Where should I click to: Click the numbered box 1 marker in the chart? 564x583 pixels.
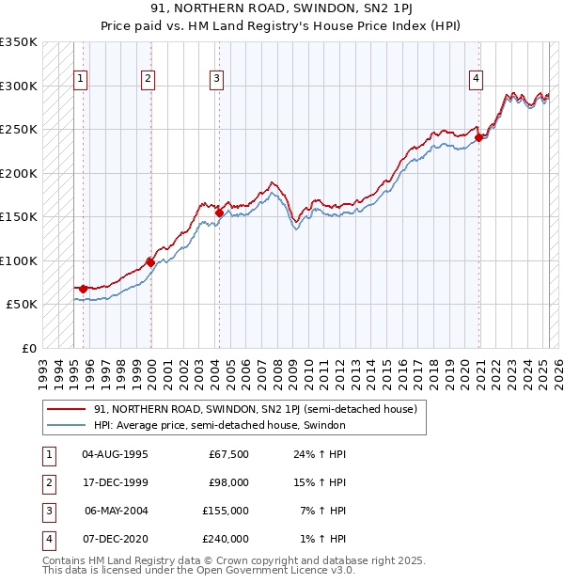[80, 79]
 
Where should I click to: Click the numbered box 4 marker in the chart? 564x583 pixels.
[477, 79]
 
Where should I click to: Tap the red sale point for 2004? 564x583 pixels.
[219, 213]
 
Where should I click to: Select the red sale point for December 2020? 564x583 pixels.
[478, 137]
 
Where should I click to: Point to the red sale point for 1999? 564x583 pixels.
[150, 262]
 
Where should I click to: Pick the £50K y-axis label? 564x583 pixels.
[22, 305]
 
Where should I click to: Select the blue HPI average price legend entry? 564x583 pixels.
[220, 426]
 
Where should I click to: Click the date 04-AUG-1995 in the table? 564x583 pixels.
[116, 454]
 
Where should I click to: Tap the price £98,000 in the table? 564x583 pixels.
[228, 482]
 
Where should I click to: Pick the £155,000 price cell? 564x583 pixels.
[227, 511]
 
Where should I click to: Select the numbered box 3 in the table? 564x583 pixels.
[47, 511]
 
